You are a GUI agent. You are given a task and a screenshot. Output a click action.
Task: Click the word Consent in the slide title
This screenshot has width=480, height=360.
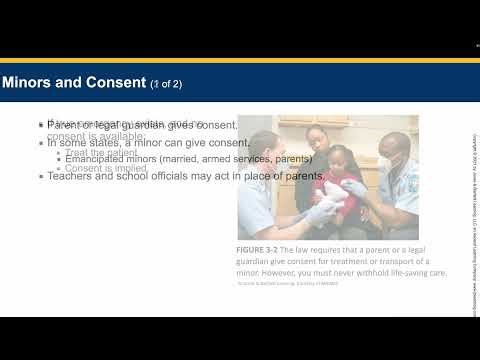click(113, 81)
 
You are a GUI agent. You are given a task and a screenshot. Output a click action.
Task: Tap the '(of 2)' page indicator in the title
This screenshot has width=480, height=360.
click(167, 82)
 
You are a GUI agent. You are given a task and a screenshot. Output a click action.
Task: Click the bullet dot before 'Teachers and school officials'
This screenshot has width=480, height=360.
click(41, 177)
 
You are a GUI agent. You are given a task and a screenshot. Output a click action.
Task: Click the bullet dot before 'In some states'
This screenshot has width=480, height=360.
click(41, 143)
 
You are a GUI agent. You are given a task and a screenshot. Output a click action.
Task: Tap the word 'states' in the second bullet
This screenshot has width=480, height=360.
click(106, 143)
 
